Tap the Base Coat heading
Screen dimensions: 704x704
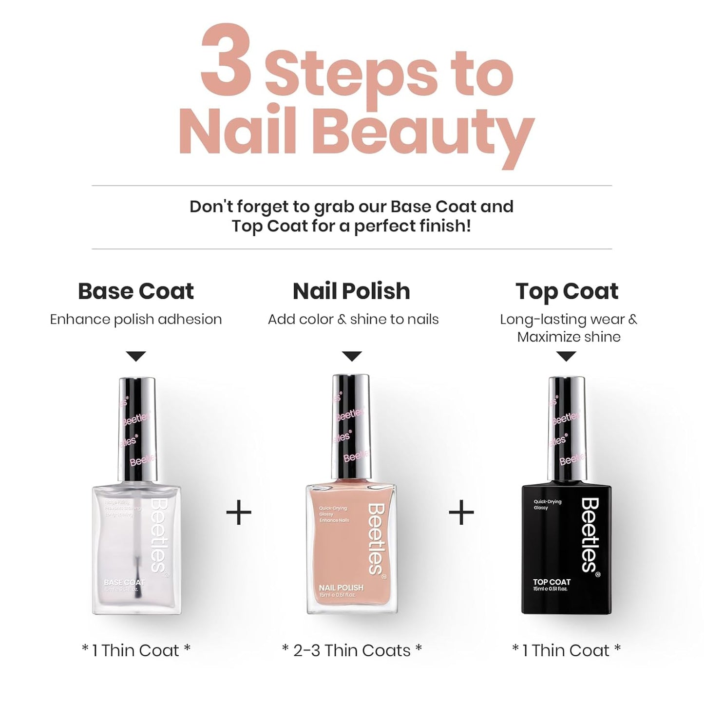(x=136, y=291)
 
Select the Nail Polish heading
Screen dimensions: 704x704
(x=351, y=291)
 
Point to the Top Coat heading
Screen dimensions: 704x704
(x=567, y=291)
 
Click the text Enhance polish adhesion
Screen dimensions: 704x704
(x=136, y=320)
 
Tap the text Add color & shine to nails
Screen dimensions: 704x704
(x=353, y=320)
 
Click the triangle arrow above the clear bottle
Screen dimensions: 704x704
(x=136, y=356)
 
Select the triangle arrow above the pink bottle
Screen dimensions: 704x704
(x=352, y=356)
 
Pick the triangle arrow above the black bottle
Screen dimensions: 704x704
(x=566, y=356)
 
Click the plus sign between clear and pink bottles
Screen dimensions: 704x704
(x=239, y=513)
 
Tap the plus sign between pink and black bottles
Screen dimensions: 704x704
(x=461, y=513)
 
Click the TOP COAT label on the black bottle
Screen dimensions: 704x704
(x=551, y=582)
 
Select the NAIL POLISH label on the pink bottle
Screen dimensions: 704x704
(x=341, y=588)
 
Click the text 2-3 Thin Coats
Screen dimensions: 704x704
(x=352, y=650)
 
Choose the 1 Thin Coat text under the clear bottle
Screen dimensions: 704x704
(x=136, y=650)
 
